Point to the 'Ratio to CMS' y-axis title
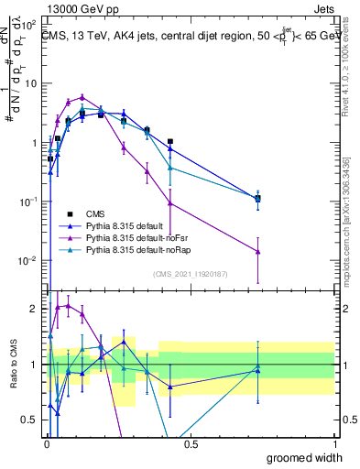point(12,366)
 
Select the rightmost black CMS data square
point(258,199)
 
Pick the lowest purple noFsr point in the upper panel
point(258,252)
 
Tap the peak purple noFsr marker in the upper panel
point(82,97)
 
